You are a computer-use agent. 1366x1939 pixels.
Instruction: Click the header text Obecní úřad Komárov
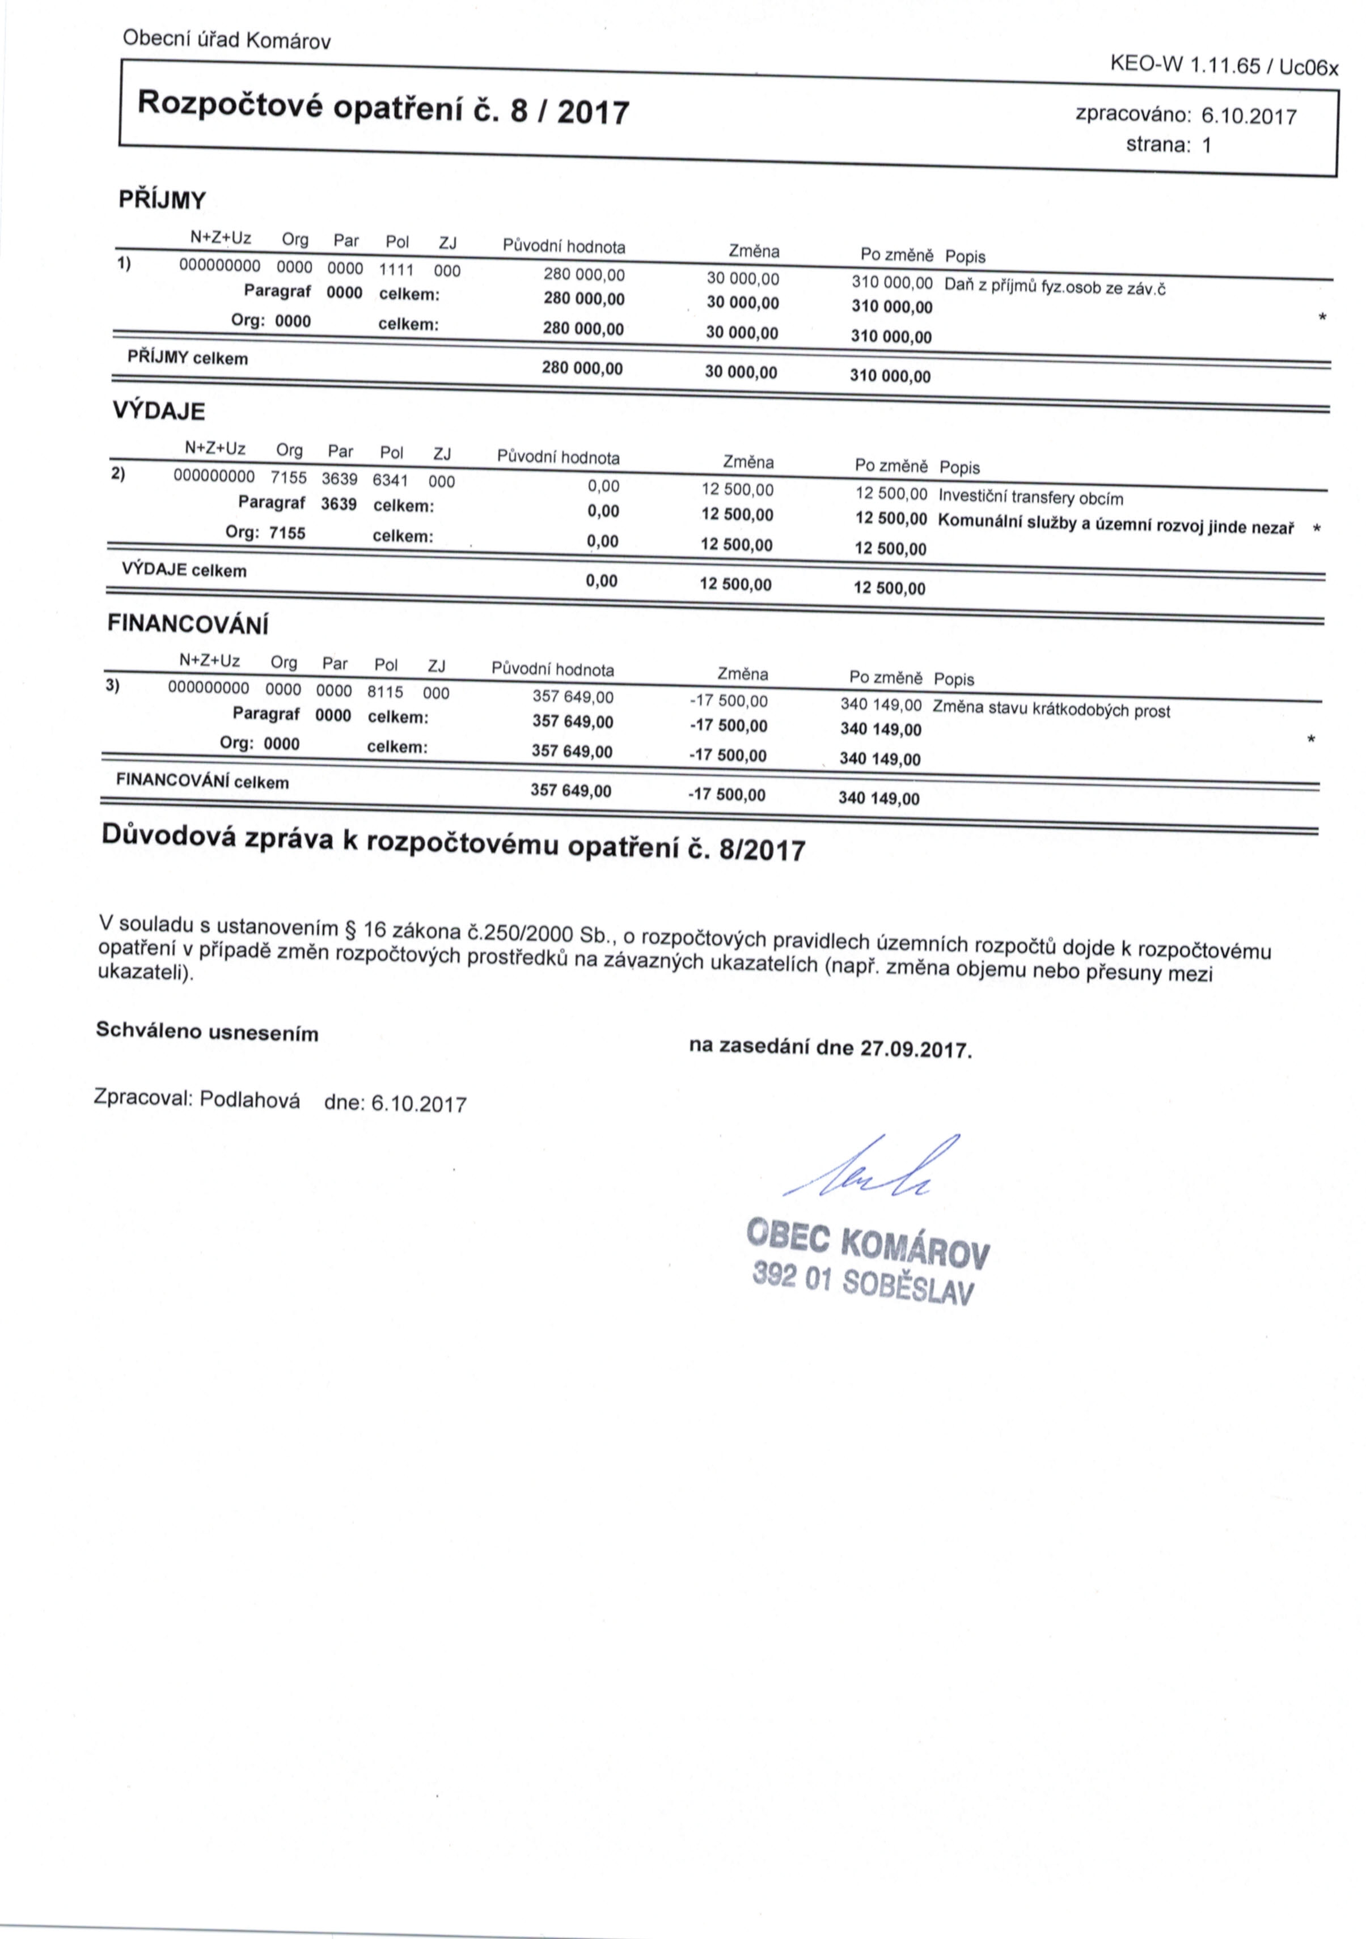click(x=226, y=40)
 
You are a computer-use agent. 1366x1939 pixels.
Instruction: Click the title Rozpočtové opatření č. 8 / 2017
click(x=383, y=107)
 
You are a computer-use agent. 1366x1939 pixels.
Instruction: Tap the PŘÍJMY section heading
click(x=162, y=200)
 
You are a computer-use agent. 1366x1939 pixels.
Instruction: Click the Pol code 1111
click(x=396, y=269)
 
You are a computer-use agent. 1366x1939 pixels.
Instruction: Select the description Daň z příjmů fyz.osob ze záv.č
click(x=1054, y=286)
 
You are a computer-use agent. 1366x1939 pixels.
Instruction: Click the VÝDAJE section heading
click(x=159, y=411)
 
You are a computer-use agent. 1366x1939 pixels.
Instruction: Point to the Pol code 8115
click(x=385, y=691)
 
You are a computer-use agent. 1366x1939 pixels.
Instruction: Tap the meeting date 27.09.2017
click(x=915, y=1050)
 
